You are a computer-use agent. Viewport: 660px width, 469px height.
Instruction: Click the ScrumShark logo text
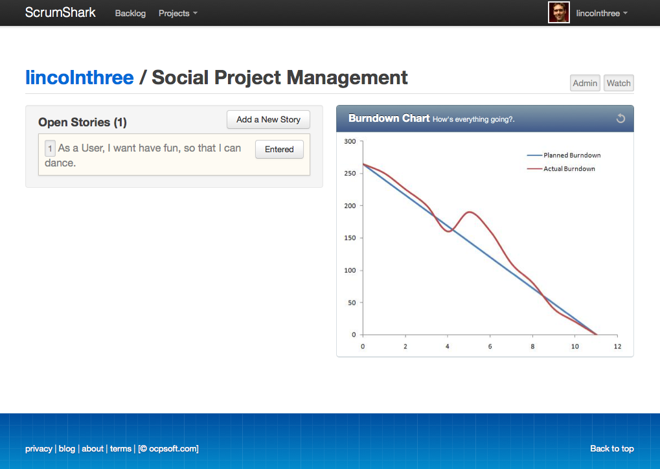pyautogui.click(x=60, y=12)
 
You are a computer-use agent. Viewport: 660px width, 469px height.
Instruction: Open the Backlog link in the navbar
pyautogui.click(x=130, y=14)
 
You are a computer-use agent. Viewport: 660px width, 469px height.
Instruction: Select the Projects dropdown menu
pyautogui.click(x=177, y=14)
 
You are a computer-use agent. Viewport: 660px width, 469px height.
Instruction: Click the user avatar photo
pyautogui.click(x=558, y=12)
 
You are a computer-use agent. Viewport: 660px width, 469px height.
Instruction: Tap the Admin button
pyautogui.click(x=585, y=83)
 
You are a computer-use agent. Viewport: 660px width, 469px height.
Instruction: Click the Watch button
pyautogui.click(x=619, y=83)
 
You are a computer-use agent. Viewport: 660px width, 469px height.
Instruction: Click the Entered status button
pyautogui.click(x=279, y=150)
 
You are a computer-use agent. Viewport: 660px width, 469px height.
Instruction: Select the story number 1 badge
pyautogui.click(x=50, y=148)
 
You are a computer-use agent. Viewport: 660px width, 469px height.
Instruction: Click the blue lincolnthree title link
pyautogui.click(x=80, y=78)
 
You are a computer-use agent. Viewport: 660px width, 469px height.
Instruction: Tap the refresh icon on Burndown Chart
pyautogui.click(x=620, y=119)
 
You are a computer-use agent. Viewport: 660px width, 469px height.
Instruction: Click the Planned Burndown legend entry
pyautogui.click(x=563, y=155)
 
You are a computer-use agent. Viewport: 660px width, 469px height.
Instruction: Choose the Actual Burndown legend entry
pyautogui.click(x=561, y=169)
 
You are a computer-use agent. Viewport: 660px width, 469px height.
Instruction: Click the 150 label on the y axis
pyautogui.click(x=350, y=238)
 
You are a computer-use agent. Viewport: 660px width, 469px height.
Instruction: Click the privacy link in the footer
pyautogui.click(x=39, y=449)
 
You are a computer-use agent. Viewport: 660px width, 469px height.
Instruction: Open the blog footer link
pyautogui.click(x=67, y=449)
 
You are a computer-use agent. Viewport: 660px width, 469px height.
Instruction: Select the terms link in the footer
pyautogui.click(x=121, y=449)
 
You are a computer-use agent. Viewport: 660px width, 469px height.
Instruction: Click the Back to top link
pyautogui.click(x=612, y=449)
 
